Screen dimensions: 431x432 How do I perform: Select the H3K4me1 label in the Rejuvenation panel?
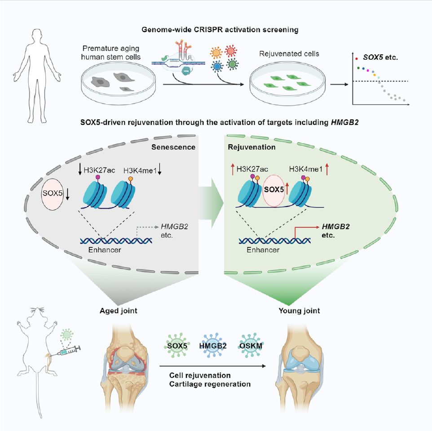[306, 169]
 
